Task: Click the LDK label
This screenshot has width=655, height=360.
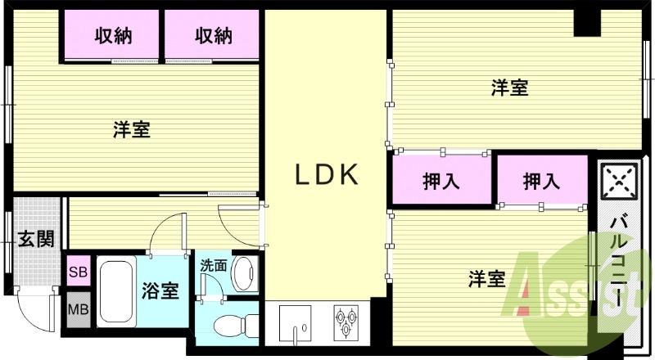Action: coord(327,174)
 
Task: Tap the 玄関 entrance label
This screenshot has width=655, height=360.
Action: coord(36,239)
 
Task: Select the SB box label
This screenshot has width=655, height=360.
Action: coord(79,271)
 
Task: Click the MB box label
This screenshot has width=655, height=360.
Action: coord(79,310)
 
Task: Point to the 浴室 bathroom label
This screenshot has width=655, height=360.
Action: coord(161,290)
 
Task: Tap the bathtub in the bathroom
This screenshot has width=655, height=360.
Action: coord(116,293)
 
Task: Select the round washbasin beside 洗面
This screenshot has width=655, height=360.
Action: coord(244,273)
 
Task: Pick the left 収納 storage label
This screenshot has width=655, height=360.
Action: coord(114,36)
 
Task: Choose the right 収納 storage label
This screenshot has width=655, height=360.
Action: coord(213,36)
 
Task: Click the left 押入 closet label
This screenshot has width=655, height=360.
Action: coord(440,181)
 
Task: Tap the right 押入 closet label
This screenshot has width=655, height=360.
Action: coord(540,181)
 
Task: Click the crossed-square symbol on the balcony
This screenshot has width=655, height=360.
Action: coord(618,181)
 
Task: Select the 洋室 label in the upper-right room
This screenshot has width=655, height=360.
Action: coord(509,88)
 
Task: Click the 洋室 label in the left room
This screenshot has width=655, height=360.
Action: coord(131,128)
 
